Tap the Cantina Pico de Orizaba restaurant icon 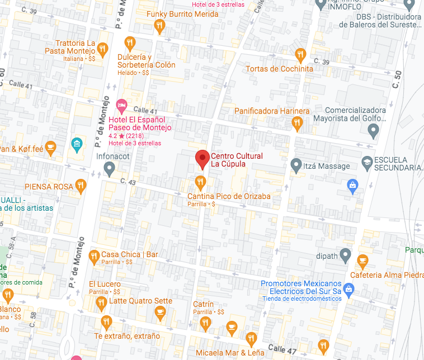pos(200,182)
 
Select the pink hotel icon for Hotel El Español pos(121,105)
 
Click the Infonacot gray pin pos(110,168)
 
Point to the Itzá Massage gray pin pos(296,165)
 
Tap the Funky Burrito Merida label pos(182,14)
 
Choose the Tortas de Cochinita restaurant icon pos(300,55)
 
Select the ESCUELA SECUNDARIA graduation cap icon pos(366,163)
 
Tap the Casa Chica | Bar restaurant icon pos(93,255)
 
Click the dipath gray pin pos(346,257)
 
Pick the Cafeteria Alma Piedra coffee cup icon pos(362,260)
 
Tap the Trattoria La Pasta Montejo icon pos(102,49)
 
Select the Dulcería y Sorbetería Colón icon pos(130,43)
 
